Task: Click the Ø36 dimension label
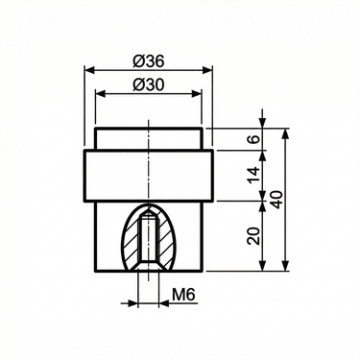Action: coord(148,60)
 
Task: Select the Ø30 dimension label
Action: coord(148,84)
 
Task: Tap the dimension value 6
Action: coord(253,139)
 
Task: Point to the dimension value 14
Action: coord(253,175)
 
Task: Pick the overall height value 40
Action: coord(277,200)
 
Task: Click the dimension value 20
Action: coord(253,235)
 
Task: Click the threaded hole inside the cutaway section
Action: coord(148,240)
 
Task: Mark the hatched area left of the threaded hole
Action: coord(133,245)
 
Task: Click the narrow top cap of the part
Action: coord(148,139)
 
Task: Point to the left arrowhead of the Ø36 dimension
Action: coord(89,70)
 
